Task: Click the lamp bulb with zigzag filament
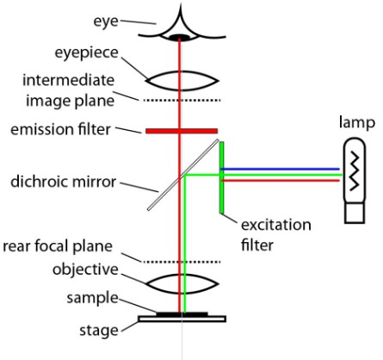coord(354,181)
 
